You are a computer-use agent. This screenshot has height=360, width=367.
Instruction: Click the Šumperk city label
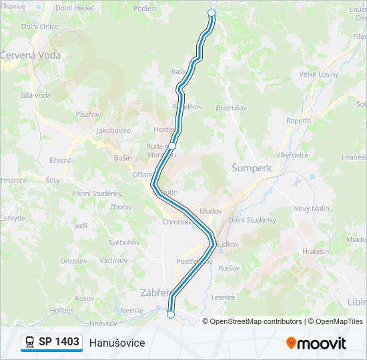point(252,168)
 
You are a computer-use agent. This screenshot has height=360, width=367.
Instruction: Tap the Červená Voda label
point(31,55)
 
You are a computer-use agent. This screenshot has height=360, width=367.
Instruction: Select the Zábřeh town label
point(157,291)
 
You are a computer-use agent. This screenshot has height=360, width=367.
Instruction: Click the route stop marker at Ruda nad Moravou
point(172,145)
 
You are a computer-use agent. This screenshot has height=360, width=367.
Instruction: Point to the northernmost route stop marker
point(212,13)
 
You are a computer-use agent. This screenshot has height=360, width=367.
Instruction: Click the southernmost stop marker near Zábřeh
point(171,315)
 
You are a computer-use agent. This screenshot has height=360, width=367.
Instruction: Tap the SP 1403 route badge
point(51,342)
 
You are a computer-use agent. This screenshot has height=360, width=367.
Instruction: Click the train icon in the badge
point(30,342)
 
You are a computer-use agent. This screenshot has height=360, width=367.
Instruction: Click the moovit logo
point(316,343)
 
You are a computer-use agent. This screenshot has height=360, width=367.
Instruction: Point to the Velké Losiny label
point(319,74)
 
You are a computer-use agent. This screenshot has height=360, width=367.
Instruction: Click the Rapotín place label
point(298,121)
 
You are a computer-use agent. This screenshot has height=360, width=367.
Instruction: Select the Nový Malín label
point(311,208)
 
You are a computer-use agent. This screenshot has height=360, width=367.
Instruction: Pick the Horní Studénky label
point(97,193)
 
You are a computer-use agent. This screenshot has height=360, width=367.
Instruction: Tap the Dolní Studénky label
point(252,219)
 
